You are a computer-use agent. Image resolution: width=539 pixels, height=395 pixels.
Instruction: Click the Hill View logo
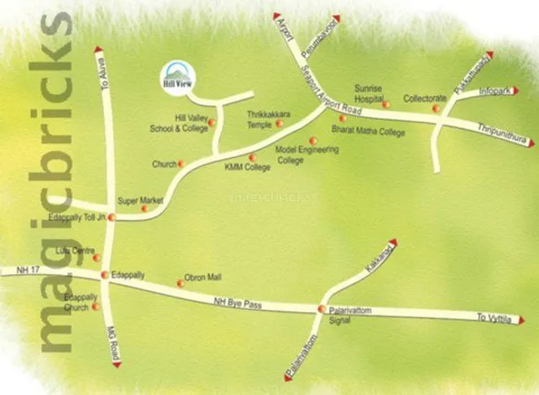coord(175,74)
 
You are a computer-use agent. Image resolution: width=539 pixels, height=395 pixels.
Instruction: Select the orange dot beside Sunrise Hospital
coord(386,104)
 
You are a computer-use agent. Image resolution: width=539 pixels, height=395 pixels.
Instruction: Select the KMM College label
coord(247,166)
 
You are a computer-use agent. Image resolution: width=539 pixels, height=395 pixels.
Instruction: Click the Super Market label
coord(139,200)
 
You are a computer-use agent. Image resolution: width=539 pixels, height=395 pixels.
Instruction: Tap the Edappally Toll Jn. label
coord(79,217)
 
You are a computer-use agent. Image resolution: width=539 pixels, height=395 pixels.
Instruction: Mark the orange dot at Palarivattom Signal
coord(321,309)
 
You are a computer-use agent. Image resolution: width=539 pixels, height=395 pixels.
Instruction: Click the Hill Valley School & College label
coord(177,124)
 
